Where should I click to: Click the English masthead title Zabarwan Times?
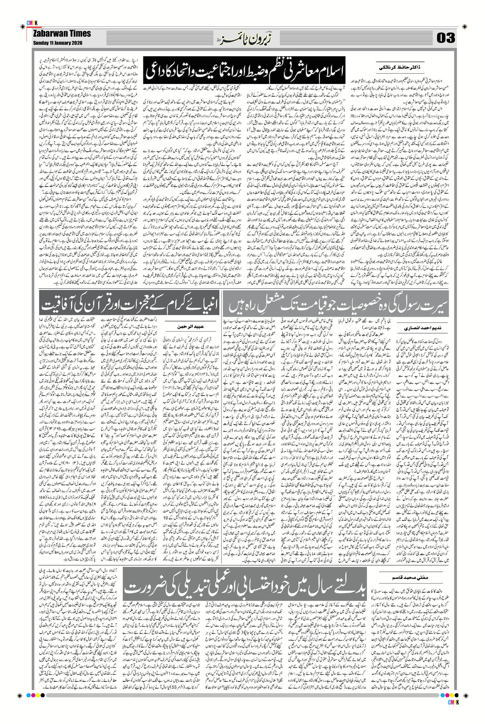[62, 34]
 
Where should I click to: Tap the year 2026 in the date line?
[76, 43]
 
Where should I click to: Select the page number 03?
[446, 38]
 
